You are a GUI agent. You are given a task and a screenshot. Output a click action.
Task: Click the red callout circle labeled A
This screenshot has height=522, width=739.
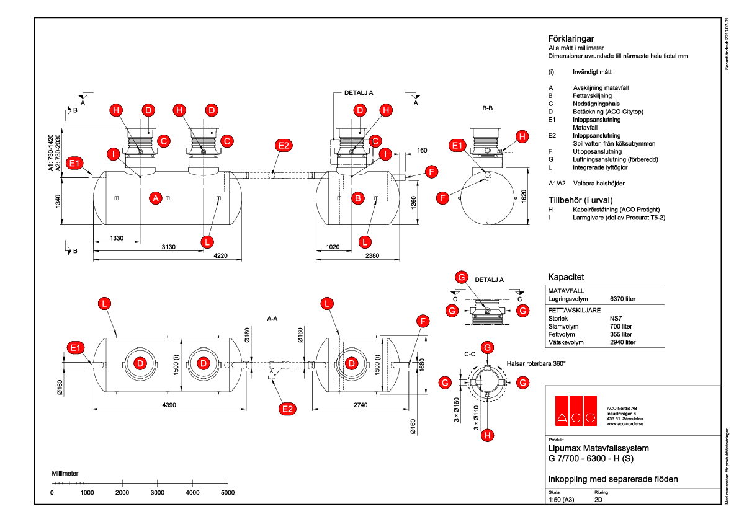pyautogui.click(x=156, y=198)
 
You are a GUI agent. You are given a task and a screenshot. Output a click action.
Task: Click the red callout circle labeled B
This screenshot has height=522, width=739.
pyautogui.click(x=357, y=198)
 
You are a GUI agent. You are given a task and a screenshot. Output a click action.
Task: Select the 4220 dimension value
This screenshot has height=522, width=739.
pyautogui.click(x=223, y=255)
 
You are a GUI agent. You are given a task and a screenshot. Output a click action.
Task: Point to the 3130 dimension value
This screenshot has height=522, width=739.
pyautogui.click(x=169, y=247)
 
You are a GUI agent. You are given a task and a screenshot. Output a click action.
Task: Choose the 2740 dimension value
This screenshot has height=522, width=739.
pyautogui.click(x=360, y=404)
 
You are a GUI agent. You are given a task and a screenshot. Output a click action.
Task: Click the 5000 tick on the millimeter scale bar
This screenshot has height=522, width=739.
pyautogui.click(x=228, y=492)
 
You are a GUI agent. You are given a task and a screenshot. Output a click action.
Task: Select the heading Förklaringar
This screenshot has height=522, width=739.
pyautogui.click(x=571, y=38)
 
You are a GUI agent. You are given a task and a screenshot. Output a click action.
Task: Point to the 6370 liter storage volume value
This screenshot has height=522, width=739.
pyautogui.click(x=623, y=299)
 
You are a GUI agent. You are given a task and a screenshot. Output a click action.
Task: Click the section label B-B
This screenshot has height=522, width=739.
pyautogui.click(x=488, y=108)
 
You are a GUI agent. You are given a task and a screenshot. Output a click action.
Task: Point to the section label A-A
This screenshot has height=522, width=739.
pyautogui.click(x=272, y=319)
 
